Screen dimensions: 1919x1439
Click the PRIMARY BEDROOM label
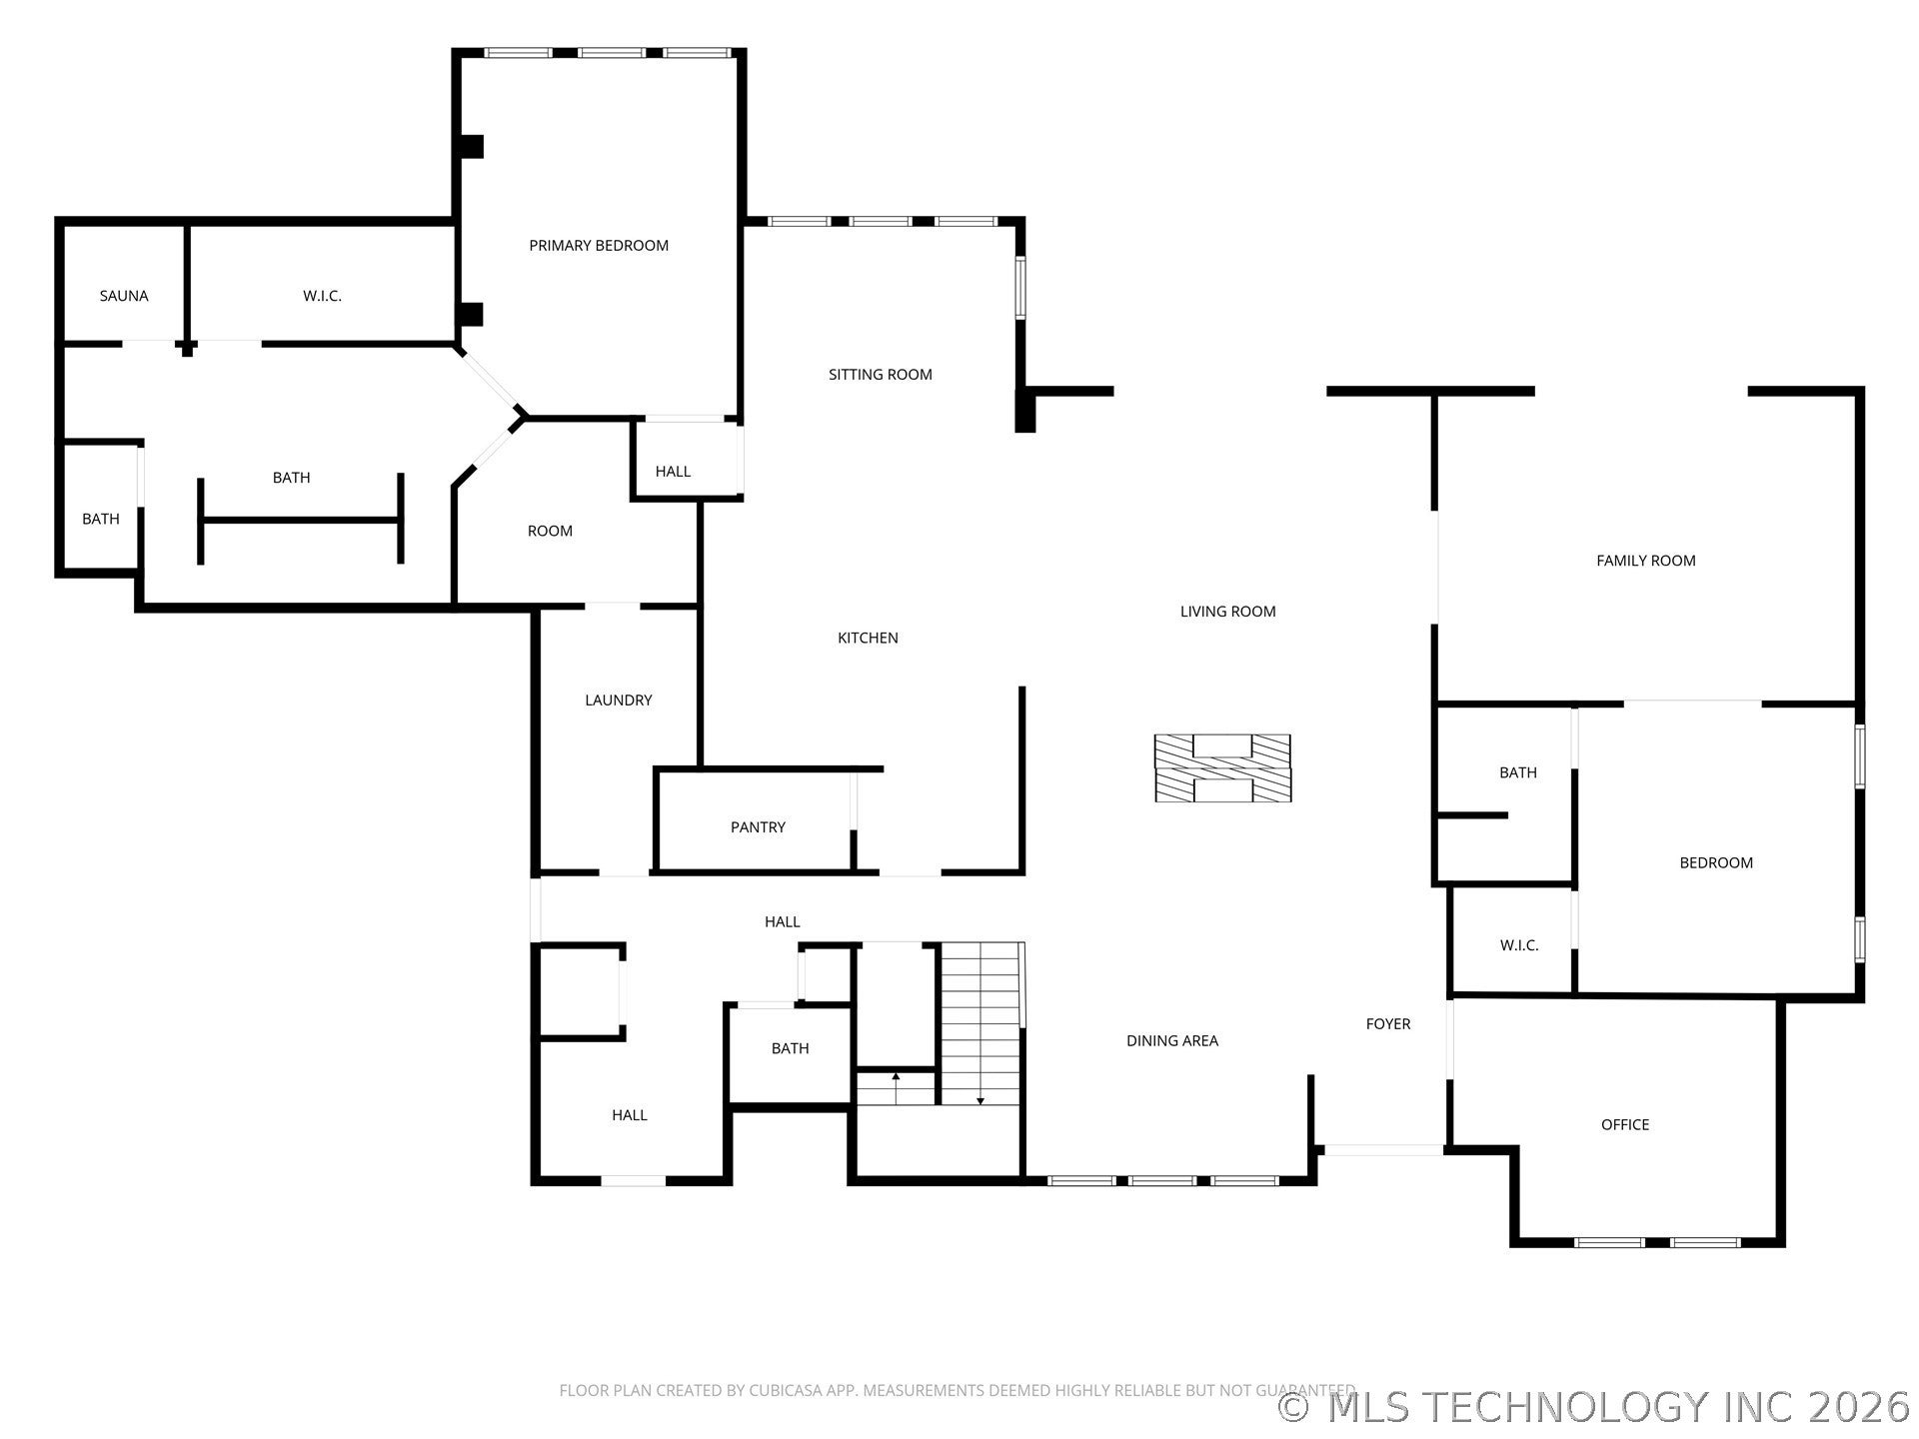(599, 246)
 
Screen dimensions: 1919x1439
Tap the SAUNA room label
(124, 296)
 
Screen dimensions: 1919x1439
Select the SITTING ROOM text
(881, 375)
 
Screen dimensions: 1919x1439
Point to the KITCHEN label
(868, 638)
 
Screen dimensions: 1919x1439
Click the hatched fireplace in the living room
(1222, 767)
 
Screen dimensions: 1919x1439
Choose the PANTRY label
(758, 827)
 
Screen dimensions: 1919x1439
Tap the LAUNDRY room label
(619, 701)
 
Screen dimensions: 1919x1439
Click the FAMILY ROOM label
(1646, 561)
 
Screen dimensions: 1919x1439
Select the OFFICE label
(1625, 1125)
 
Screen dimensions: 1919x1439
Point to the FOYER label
(1388, 1024)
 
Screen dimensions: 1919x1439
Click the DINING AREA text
(1172, 1041)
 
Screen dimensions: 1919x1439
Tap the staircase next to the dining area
(981, 1023)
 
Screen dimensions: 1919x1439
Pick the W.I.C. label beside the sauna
(322, 296)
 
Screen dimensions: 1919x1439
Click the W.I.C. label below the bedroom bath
(1519, 945)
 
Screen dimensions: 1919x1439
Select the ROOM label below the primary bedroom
(550, 532)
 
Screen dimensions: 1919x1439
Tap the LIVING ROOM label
(1227, 612)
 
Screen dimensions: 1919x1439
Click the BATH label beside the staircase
(790, 1049)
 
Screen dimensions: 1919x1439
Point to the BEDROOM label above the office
(1716, 863)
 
